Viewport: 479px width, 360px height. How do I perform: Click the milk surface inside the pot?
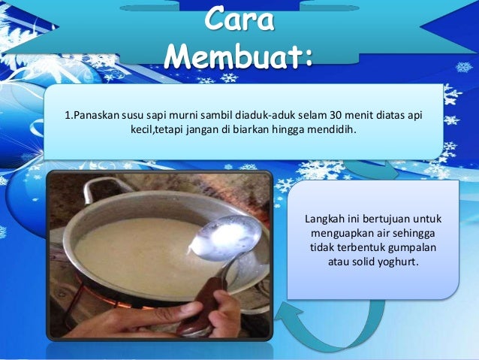[x=135, y=248]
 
